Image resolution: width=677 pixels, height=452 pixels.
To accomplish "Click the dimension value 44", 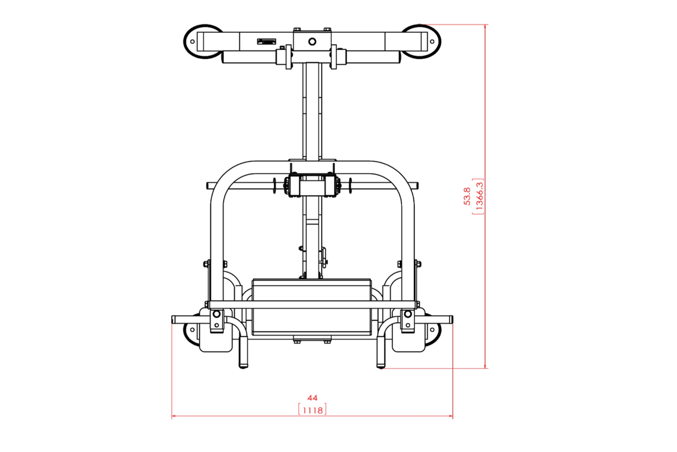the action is (x=312, y=398).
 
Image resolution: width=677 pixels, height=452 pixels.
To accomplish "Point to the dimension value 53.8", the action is (x=467, y=196).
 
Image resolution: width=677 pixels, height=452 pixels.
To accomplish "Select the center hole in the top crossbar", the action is (x=312, y=41).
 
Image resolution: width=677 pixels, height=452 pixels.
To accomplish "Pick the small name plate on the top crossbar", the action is (x=267, y=41).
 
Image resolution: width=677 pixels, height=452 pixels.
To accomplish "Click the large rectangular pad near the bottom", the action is (x=312, y=307).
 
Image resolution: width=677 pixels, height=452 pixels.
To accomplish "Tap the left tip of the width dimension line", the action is (x=172, y=416).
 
